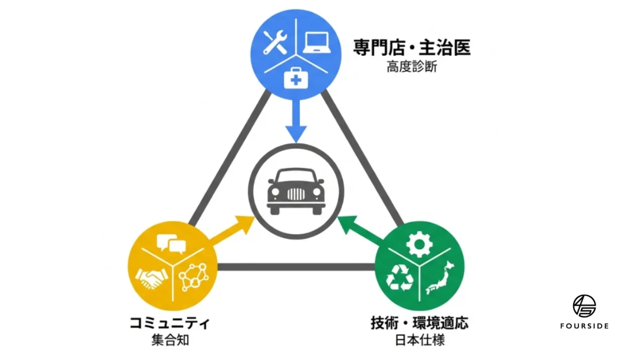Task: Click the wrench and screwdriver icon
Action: click(275, 43)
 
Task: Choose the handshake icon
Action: click(150, 278)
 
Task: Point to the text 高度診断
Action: click(412, 67)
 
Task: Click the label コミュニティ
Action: click(170, 323)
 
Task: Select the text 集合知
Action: click(170, 340)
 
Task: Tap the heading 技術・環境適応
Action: click(419, 323)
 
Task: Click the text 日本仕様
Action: click(419, 340)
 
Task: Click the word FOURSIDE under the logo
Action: click(584, 326)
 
